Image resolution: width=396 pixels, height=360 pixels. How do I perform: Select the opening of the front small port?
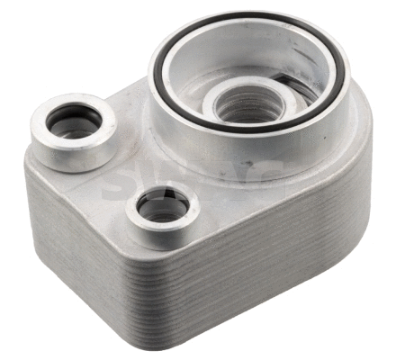[163, 209]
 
